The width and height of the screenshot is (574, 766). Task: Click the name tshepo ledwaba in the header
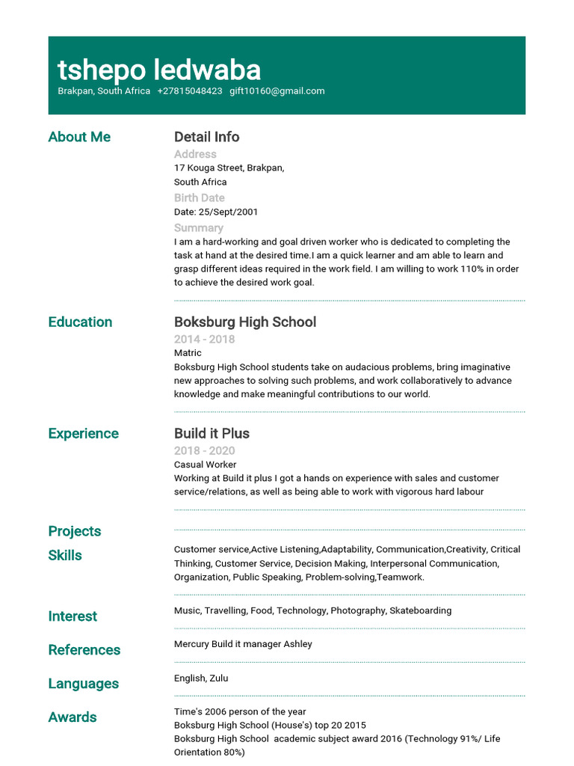(x=159, y=70)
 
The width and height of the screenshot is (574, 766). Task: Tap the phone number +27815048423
(x=190, y=91)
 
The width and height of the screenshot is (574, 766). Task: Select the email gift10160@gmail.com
(x=277, y=91)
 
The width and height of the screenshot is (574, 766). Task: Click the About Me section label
(x=79, y=137)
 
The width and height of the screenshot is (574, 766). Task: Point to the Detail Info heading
(x=206, y=137)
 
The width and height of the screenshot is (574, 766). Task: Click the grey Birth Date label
(x=199, y=198)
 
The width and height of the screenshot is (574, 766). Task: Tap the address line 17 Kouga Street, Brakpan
(x=229, y=168)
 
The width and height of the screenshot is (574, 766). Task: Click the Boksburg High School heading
(x=244, y=322)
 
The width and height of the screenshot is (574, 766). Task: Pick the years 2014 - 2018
(x=204, y=339)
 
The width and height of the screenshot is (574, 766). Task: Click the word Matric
(x=188, y=353)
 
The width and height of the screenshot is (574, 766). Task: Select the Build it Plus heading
(x=212, y=434)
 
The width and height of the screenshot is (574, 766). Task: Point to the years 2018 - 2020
(x=204, y=450)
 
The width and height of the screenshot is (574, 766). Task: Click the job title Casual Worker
(x=205, y=465)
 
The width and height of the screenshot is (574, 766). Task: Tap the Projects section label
(x=75, y=531)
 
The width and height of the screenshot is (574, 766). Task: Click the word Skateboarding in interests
(x=420, y=610)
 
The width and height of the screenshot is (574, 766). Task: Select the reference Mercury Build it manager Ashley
(x=243, y=644)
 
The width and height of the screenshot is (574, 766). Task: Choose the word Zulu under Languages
(x=219, y=678)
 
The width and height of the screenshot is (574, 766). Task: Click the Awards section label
(x=72, y=717)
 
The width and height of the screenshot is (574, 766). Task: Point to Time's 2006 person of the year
(x=239, y=712)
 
